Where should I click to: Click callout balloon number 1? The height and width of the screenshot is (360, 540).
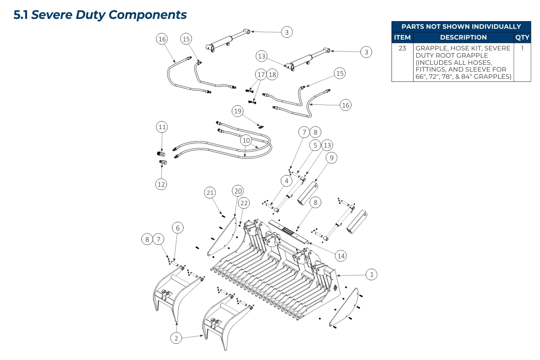(x=372, y=274)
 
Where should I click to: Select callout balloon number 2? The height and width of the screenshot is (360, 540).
(x=176, y=338)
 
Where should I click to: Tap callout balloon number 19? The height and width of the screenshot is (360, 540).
(x=238, y=111)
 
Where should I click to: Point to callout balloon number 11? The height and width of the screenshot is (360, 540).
(x=162, y=127)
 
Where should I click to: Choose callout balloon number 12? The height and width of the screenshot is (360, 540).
(x=161, y=184)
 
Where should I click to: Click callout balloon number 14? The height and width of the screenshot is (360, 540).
(x=341, y=256)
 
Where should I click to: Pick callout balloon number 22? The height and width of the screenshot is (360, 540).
(x=243, y=203)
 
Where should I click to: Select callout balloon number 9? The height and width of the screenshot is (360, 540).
(x=331, y=158)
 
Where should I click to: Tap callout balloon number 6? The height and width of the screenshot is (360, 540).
(x=178, y=228)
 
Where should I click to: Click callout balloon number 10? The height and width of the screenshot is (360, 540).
(x=246, y=140)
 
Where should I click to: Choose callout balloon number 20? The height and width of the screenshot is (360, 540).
(x=238, y=190)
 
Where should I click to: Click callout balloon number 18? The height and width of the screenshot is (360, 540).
(x=272, y=74)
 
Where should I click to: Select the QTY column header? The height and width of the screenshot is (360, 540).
(x=522, y=37)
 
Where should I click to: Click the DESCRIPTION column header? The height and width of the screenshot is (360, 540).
(x=463, y=37)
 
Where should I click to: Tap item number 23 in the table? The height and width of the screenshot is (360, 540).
(x=402, y=48)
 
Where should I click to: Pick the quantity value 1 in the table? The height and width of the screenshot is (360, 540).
(x=522, y=48)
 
